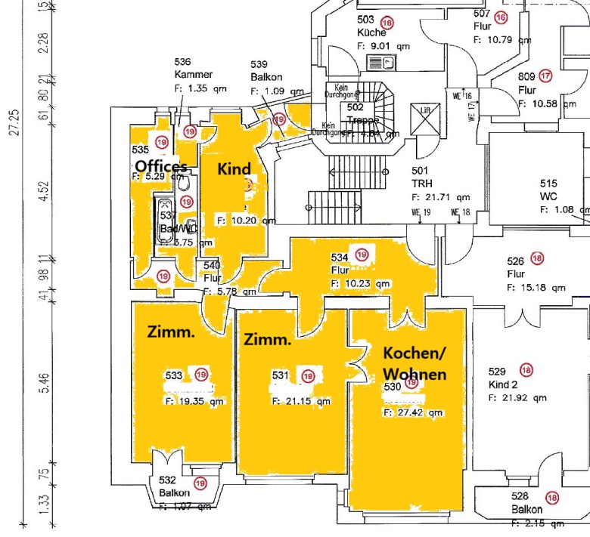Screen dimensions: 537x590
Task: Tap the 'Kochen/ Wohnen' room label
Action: tap(415, 363)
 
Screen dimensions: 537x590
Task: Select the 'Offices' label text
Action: tap(161, 166)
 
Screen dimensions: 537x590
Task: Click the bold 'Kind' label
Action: tap(234, 168)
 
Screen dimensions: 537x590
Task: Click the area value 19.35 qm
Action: tap(195, 403)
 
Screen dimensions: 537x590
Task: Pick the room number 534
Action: tap(340, 257)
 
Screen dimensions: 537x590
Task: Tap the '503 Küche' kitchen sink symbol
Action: tap(376, 61)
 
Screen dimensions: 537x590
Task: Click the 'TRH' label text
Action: tap(421, 184)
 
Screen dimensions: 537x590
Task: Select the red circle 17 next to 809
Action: tap(545, 76)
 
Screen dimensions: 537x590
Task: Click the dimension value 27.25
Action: tap(14, 121)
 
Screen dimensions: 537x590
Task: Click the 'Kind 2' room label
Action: tap(505, 384)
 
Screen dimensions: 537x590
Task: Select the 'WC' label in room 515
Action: tap(548, 196)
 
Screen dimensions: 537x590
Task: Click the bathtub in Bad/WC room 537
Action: tap(164, 220)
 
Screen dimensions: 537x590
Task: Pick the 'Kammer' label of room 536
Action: tap(193, 75)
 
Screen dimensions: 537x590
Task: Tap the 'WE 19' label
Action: tap(421, 212)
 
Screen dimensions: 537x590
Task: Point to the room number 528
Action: tap(520, 496)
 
